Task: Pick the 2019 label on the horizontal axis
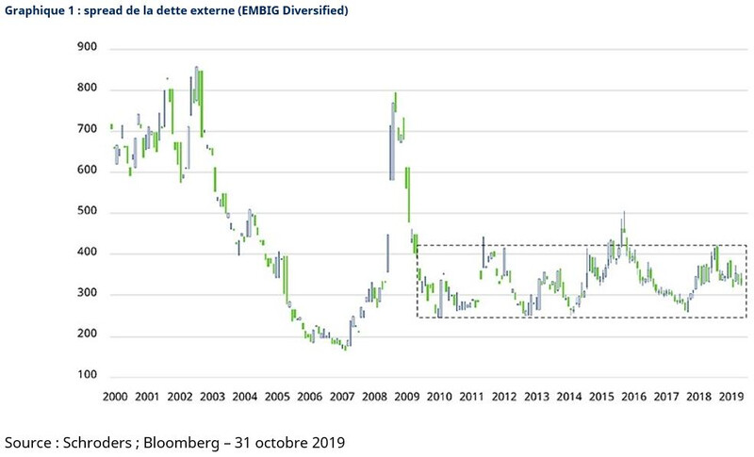[x=730, y=398]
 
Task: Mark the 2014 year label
[x=568, y=398]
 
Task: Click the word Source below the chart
[x=31, y=441]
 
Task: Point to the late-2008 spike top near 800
[x=395, y=95]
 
